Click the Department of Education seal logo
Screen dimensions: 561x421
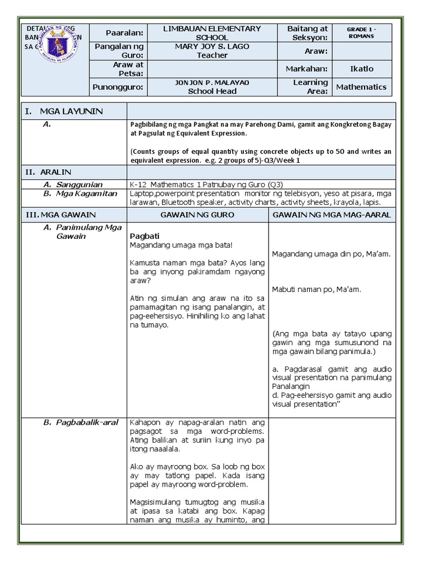(x=56, y=44)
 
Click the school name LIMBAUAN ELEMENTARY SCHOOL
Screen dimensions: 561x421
(x=212, y=33)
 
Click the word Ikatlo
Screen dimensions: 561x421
(x=361, y=69)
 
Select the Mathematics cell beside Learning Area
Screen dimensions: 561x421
(x=361, y=87)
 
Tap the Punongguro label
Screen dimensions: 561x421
(x=117, y=87)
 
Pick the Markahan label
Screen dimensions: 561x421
(x=306, y=69)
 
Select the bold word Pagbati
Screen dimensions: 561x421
(x=144, y=236)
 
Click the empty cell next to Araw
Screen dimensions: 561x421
(x=361, y=51)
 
